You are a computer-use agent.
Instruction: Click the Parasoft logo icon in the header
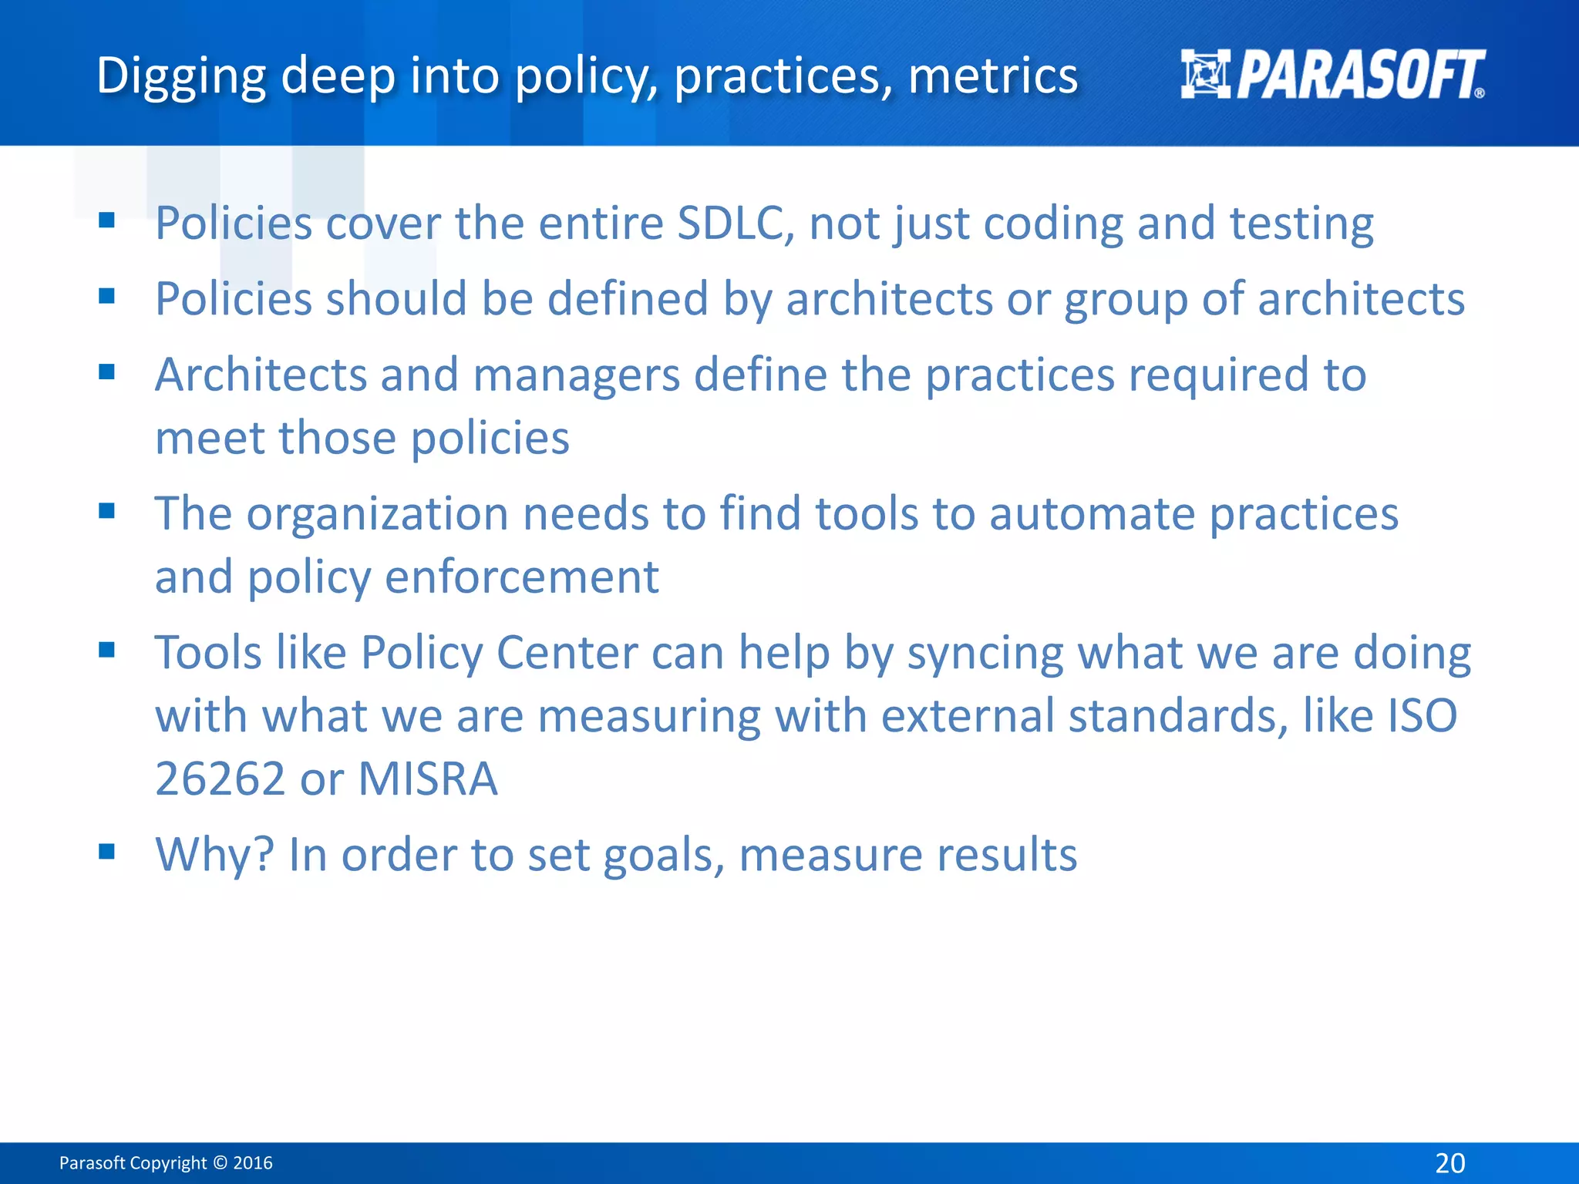[1205, 74]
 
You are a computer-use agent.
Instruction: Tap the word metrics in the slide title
[993, 76]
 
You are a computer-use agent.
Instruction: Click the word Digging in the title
[181, 77]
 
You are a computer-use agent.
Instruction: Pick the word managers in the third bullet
[577, 375]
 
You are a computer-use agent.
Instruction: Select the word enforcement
[522, 577]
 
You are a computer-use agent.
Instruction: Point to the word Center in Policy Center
[567, 653]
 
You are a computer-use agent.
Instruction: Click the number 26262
[221, 779]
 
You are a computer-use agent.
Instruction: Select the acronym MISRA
[428, 779]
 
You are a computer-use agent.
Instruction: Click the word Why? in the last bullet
[215, 854]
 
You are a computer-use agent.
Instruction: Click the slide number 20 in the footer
[1449, 1162]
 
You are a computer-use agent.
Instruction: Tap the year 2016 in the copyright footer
[253, 1162]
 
